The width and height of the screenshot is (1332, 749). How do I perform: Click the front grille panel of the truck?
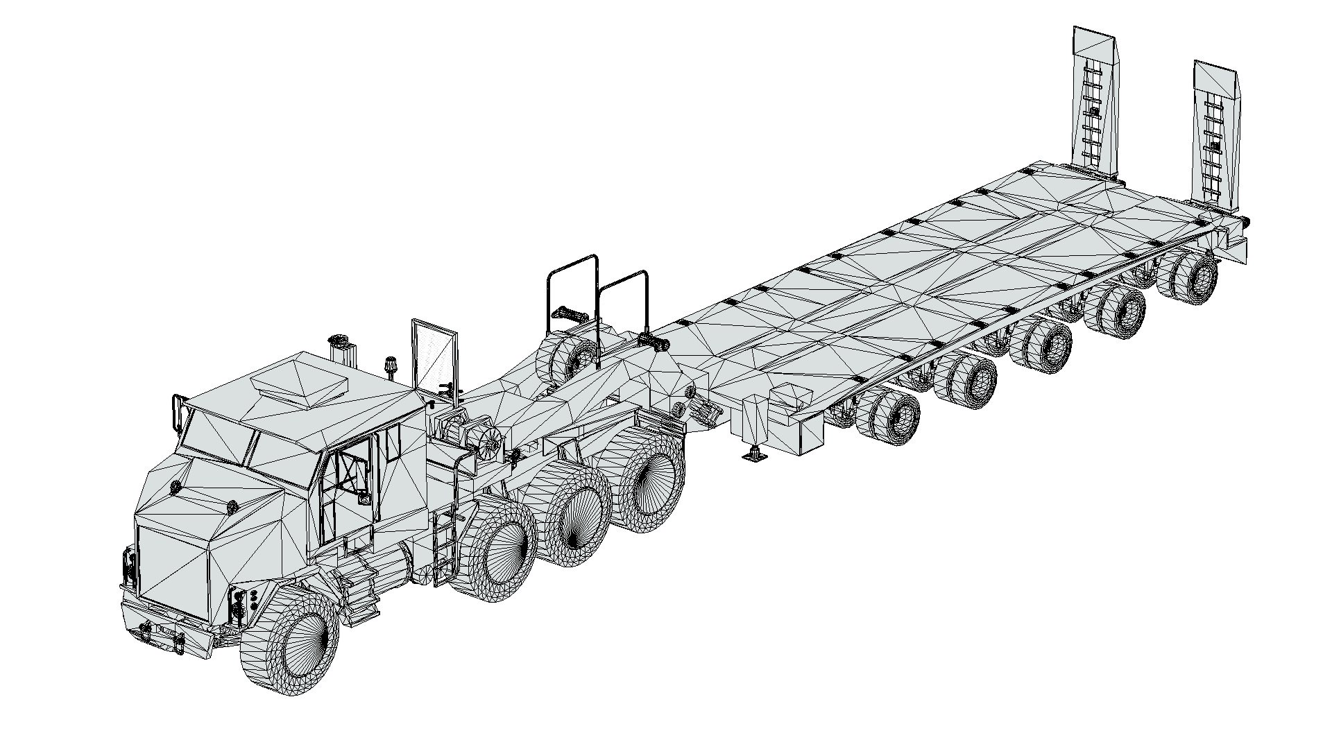coord(172,574)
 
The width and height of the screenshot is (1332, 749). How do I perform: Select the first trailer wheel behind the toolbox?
coord(890,416)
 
